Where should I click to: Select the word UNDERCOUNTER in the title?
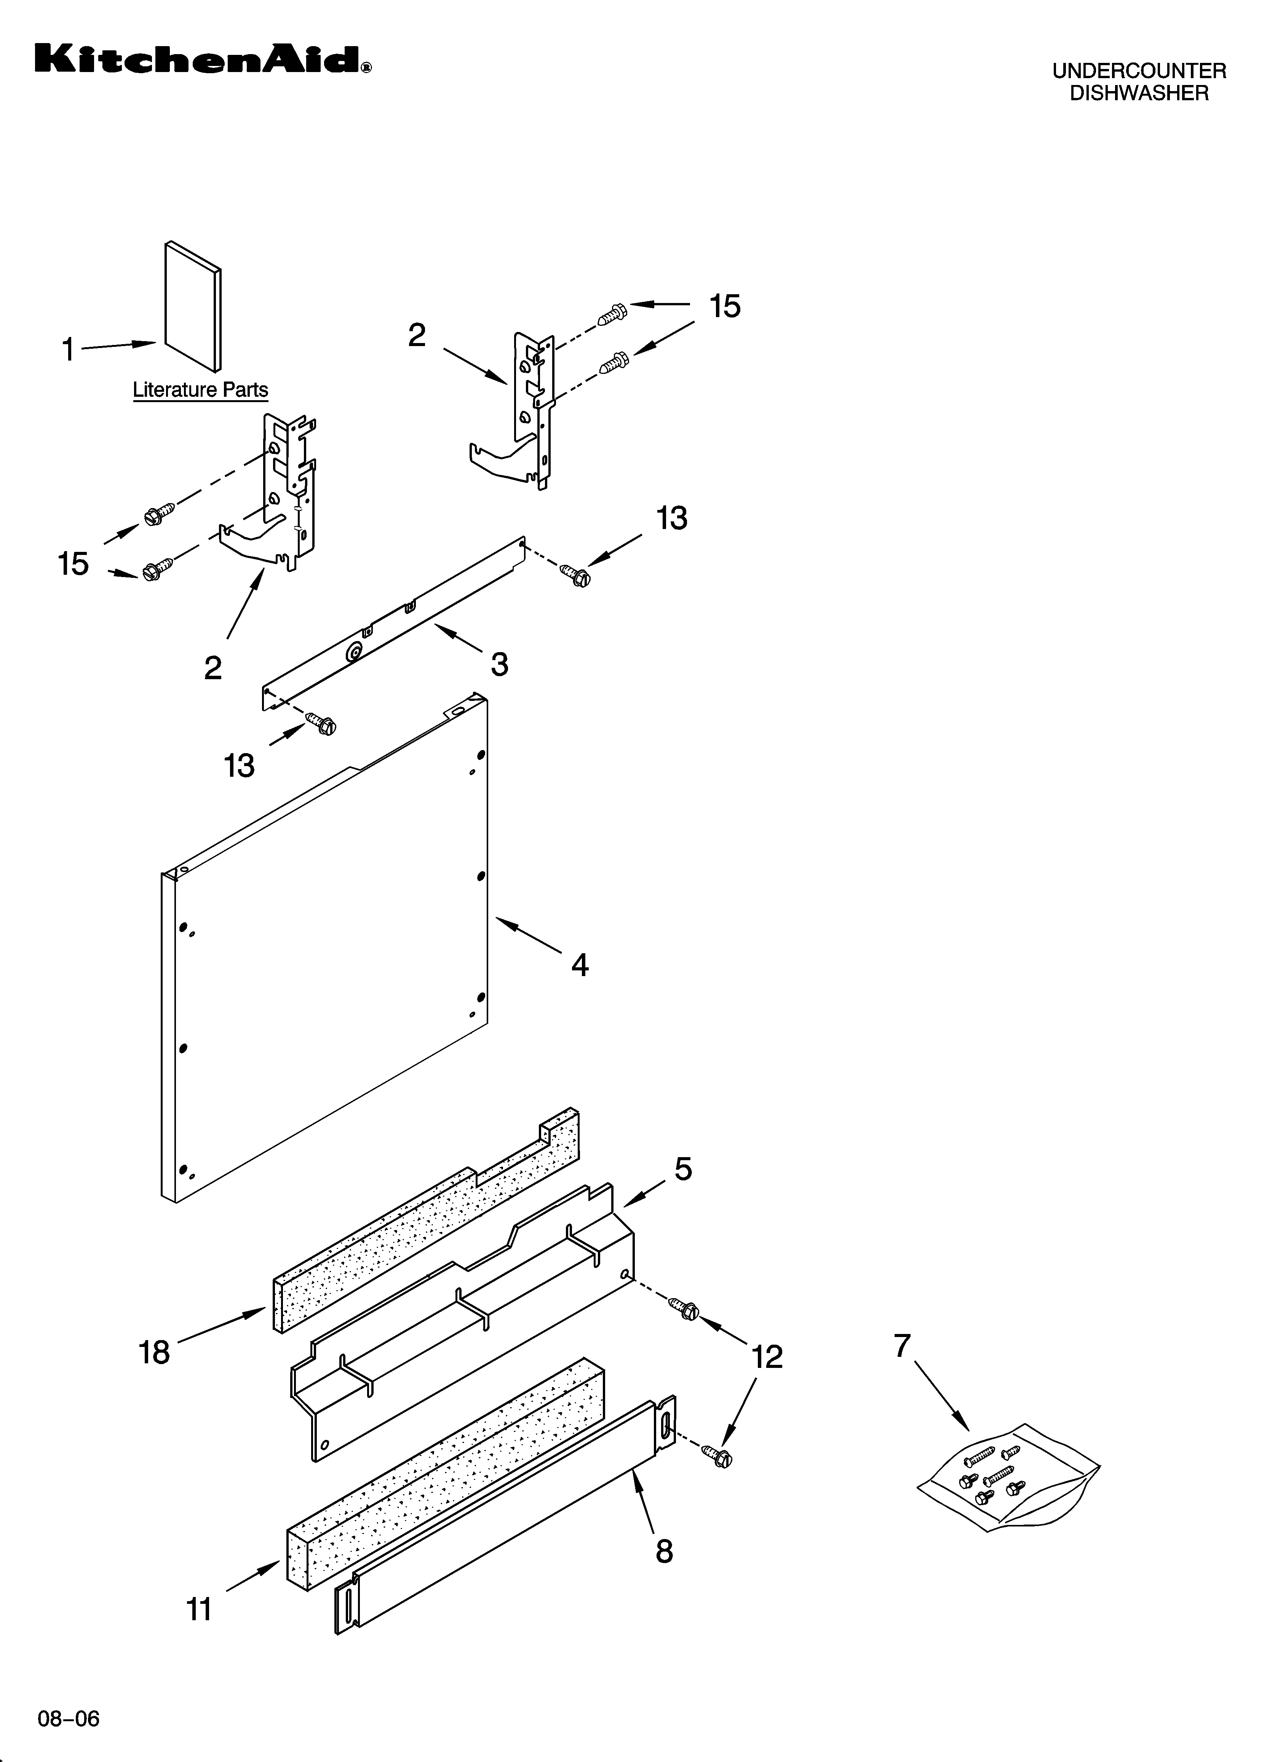[1138, 72]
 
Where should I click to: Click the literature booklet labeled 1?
[193, 307]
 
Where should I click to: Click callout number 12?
[767, 1357]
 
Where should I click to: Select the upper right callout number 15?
[724, 307]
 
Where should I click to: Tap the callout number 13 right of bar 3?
[672, 518]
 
